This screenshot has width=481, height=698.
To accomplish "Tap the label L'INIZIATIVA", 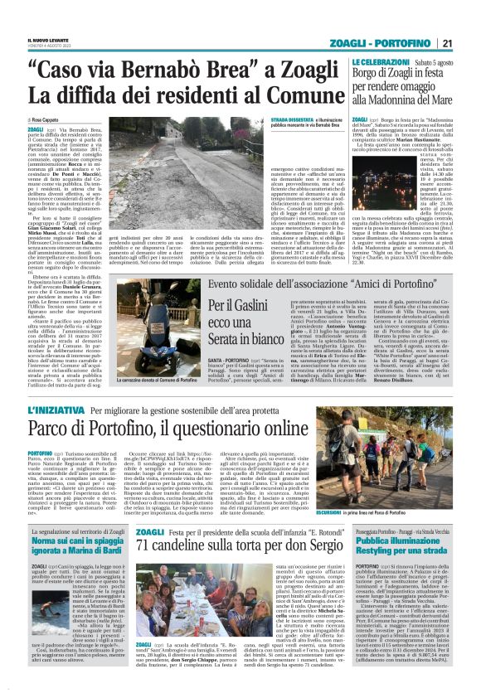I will (55, 410).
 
